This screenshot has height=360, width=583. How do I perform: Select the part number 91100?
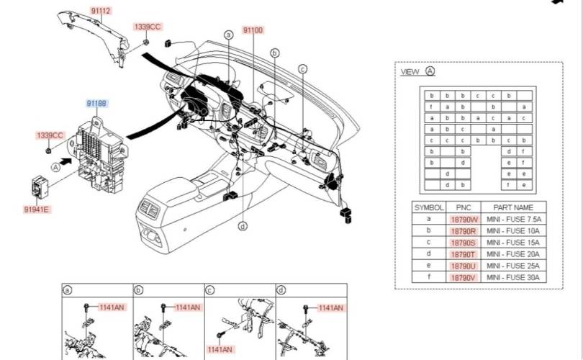click(253, 30)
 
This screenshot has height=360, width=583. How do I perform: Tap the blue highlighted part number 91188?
click(97, 104)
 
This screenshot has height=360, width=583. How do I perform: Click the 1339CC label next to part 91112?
click(148, 27)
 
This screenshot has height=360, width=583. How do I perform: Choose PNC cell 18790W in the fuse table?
click(464, 219)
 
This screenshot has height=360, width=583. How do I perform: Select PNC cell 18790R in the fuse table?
click(464, 231)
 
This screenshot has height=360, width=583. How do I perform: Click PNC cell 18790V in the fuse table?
click(464, 277)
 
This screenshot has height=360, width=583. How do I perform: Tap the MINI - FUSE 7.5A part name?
click(512, 219)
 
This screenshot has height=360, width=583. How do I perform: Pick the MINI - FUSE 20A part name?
click(512, 254)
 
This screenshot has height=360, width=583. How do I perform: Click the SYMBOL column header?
click(429, 207)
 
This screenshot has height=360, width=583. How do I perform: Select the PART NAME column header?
click(512, 207)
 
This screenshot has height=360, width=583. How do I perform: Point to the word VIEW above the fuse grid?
click(410, 72)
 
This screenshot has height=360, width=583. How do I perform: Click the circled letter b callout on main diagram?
click(274, 53)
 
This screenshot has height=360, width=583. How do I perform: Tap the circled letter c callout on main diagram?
click(303, 69)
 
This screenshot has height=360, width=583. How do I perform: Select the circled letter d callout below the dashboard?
click(243, 226)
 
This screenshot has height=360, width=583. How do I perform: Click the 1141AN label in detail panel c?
click(220, 349)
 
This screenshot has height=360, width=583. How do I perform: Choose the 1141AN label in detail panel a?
click(112, 307)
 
